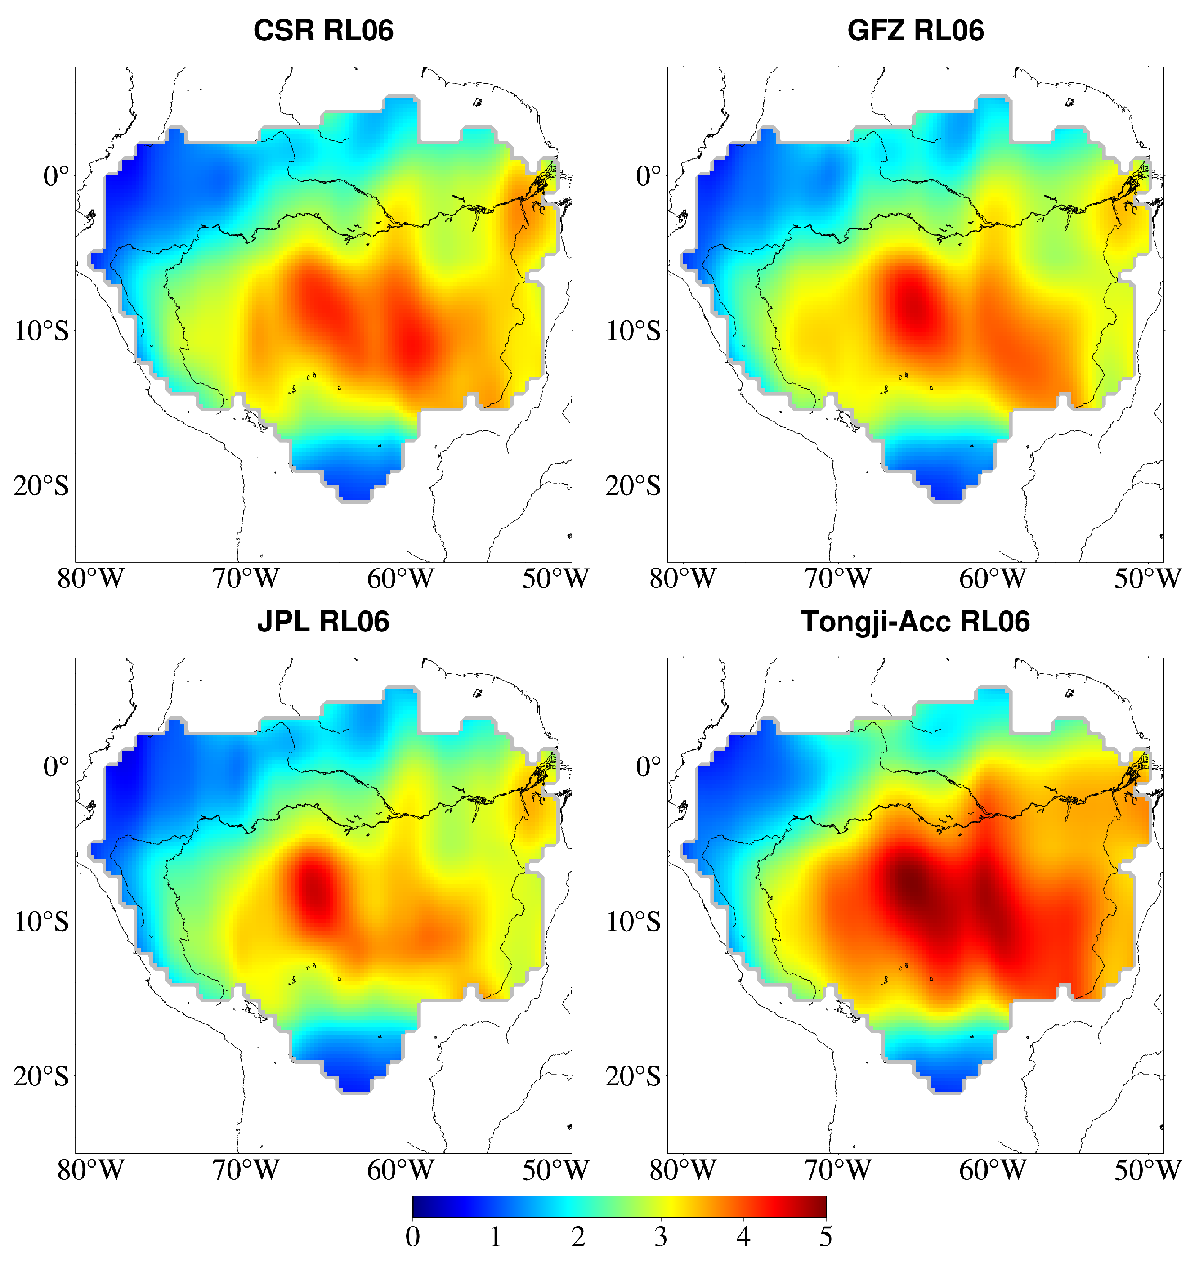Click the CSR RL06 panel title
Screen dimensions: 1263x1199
click(323, 31)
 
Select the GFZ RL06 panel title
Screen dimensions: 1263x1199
click(915, 31)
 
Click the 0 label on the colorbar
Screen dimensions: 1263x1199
click(413, 1237)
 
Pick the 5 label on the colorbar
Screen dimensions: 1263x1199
click(826, 1237)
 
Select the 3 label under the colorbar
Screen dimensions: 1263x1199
click(661, 1237)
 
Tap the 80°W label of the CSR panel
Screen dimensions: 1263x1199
click(91, 578)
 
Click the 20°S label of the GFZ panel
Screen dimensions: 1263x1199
click(633, 486)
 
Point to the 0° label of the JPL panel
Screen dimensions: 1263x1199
click(56, 766)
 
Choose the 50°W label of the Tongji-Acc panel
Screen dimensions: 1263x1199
click(1147, 1170)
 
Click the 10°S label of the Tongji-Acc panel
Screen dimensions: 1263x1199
click(633, 921)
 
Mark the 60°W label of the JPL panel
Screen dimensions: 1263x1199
click(400, 1170)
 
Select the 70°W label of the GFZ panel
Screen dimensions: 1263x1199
click(837, 578)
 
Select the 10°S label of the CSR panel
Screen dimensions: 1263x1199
click(41, 331)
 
